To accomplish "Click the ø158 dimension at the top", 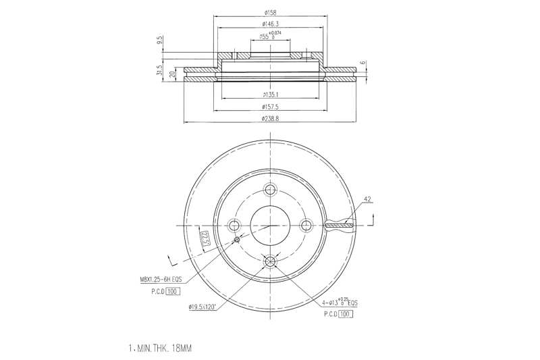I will point(271,13).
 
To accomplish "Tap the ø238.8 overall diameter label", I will point(270,119).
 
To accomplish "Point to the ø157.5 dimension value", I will point(270,107).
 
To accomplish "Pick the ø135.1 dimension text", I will point(270,95).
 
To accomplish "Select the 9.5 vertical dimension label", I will point(160,41).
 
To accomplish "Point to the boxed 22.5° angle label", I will point(205,238).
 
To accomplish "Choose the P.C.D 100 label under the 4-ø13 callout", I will point(339,313).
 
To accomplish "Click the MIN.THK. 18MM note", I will point(160,349).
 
